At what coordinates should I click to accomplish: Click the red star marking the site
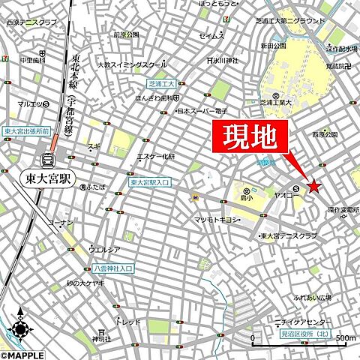point(313,186)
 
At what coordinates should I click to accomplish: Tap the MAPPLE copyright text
point(22,354)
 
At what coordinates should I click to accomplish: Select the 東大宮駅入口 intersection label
point(150,182)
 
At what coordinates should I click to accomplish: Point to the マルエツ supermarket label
point(30,104)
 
